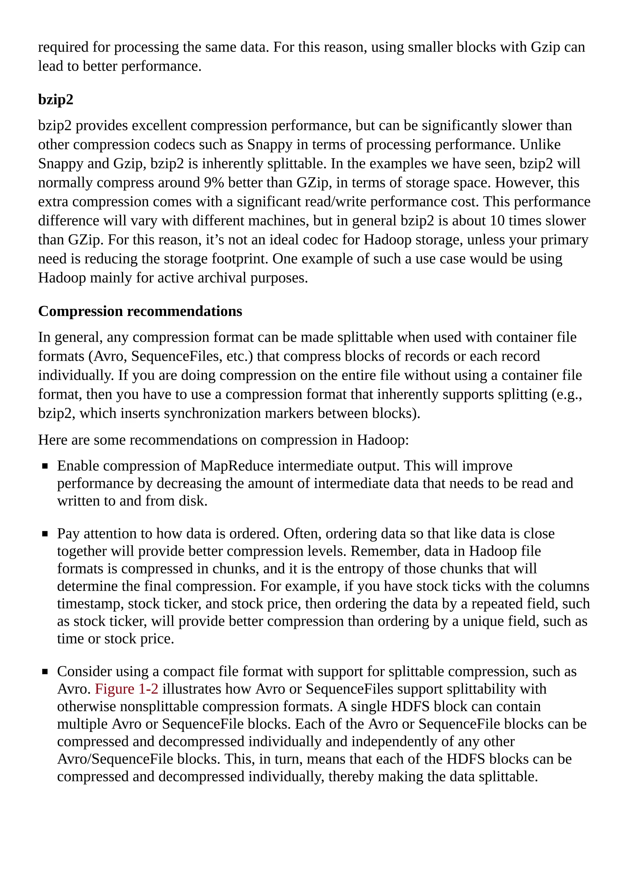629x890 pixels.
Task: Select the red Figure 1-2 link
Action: click(126, 689)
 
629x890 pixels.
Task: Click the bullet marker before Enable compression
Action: click(45, 466)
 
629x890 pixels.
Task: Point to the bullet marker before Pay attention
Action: click(45, 534)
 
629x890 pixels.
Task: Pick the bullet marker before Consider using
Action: click(45, 672)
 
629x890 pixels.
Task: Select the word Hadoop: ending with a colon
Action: click(382, 440)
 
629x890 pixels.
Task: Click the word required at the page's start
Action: click(63, 47)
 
